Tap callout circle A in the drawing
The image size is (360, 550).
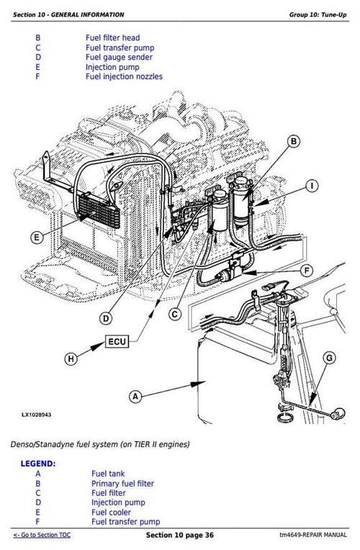pyautogui.click(x=133, y=395)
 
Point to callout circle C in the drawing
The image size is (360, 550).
pyautogui.click(x=175, y=313)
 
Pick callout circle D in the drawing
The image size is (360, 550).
pyautogui.click(x=106, y=317)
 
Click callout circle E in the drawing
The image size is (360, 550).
pyautogui.click(x=37, y=236)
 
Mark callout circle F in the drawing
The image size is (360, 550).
pyautogui.click(x=306, y=271)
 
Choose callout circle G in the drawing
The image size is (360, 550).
pyautogui.click(x=328, y=357)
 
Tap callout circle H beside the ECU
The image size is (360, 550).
pyautogui.click(x=71, y=358)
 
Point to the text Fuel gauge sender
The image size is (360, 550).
pyautogui.click(x=116, y=57)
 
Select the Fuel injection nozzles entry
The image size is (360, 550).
pyautogui.click(x=123, y=76)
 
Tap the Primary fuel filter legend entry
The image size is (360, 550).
pyautogui.click(x=122, y=483)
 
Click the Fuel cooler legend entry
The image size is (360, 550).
pyautogui.click(x=109, y=512)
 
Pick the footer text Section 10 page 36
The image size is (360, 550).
pyautogui.click(x=179, y=536)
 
